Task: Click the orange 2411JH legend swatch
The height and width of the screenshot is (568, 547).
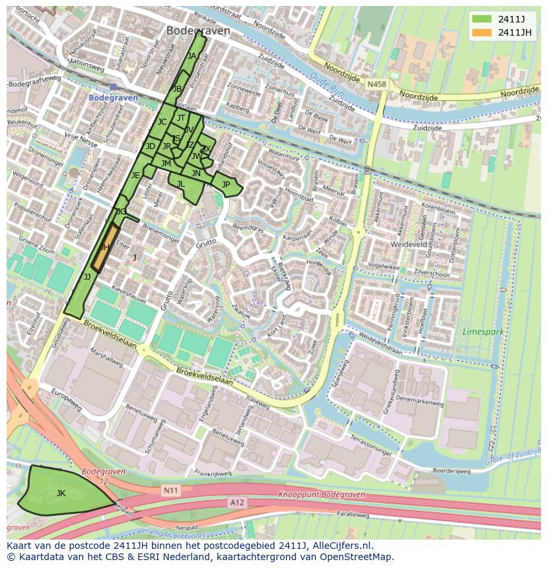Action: point(482,32)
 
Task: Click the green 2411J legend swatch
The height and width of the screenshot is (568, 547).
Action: point(482,18)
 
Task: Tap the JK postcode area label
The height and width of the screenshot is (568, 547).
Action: point(61,493)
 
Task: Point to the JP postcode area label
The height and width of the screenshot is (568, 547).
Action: point(226,185)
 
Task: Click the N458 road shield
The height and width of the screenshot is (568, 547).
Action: point(377,84)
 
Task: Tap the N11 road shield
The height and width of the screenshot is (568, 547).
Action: point(170,490)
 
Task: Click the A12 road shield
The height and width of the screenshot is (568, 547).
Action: point(237,502)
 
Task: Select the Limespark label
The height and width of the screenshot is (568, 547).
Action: point(484,331)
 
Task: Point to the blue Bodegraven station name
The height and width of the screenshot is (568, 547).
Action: point(113,98)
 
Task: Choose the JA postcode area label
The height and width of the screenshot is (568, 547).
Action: point(192,56)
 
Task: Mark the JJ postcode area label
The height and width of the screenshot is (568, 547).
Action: point(87,277)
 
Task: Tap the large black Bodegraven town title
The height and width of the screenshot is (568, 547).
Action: point(198,31)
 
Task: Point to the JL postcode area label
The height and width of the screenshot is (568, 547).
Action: point(180,184)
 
